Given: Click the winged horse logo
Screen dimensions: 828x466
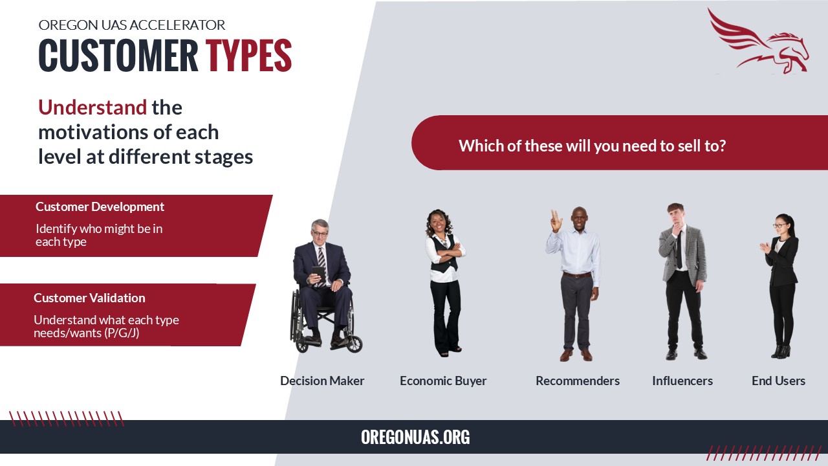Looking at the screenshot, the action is point(757,41).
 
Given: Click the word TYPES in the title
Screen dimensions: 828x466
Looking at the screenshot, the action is point(249,56).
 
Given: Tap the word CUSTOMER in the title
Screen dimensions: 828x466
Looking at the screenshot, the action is point(118,56).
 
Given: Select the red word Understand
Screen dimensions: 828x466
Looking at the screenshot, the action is point(93,107).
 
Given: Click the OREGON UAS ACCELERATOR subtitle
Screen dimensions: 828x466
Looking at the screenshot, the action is point(131,25).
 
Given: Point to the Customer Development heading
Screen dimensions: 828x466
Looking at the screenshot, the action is point(100,206).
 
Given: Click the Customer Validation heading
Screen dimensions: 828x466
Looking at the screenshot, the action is point(89,298).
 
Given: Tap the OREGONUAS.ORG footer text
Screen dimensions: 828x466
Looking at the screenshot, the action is point(415,437).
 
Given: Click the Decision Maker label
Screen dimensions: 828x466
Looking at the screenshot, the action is point(322,381).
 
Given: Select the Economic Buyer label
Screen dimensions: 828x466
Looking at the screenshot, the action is point(443,381).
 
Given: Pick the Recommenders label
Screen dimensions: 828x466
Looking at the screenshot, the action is point(578,381).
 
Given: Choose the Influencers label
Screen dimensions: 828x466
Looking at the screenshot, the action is point(682,381).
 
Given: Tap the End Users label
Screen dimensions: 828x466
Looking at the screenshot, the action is point(778,381).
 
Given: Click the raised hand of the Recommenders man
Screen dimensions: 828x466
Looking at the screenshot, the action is point(556,221).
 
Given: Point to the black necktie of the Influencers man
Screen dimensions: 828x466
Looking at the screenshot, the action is point(679,249).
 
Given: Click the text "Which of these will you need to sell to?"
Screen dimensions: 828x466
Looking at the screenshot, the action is point(592,146).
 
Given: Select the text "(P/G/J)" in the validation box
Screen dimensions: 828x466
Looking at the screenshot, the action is point(122,333).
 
